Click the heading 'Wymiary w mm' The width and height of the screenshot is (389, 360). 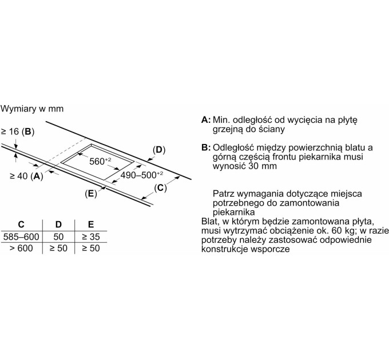pyautogui.click(x=32, y=108)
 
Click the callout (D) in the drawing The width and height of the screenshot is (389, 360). pyautogui.click(x=159, y=150)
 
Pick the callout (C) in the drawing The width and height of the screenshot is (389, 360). pyautogui.click(x=161, y=187)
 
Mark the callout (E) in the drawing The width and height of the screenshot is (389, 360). pyautogui.click(x=90, y=194)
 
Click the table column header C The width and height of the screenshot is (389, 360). pyautogui.click(x=21, y=223)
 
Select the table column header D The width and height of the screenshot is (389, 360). pyautogui.click(x=58, y=223)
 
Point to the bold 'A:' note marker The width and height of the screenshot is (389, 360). pyautogui.click(x=206, y=121)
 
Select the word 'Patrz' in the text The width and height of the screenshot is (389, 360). pyautogui.click(x=223, y=194)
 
